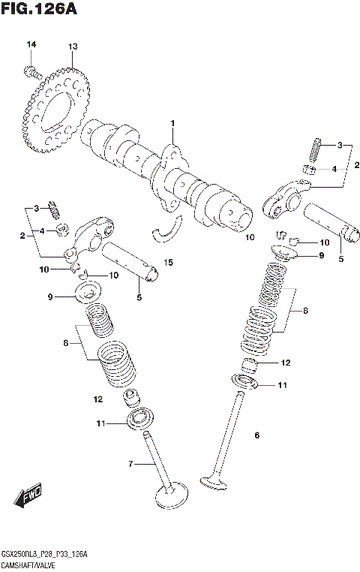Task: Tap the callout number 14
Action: (x=31, y=47)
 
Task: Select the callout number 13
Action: (x=73, y=47)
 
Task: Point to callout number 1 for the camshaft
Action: (x=172, y=123)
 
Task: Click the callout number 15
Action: (x=169, y=262)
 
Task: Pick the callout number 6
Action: (x=256, y=435)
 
